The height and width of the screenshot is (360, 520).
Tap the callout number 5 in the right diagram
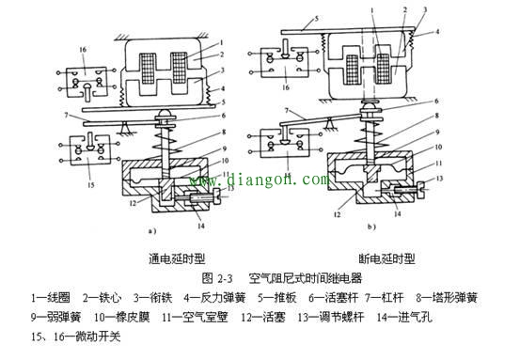tap(292, 16)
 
